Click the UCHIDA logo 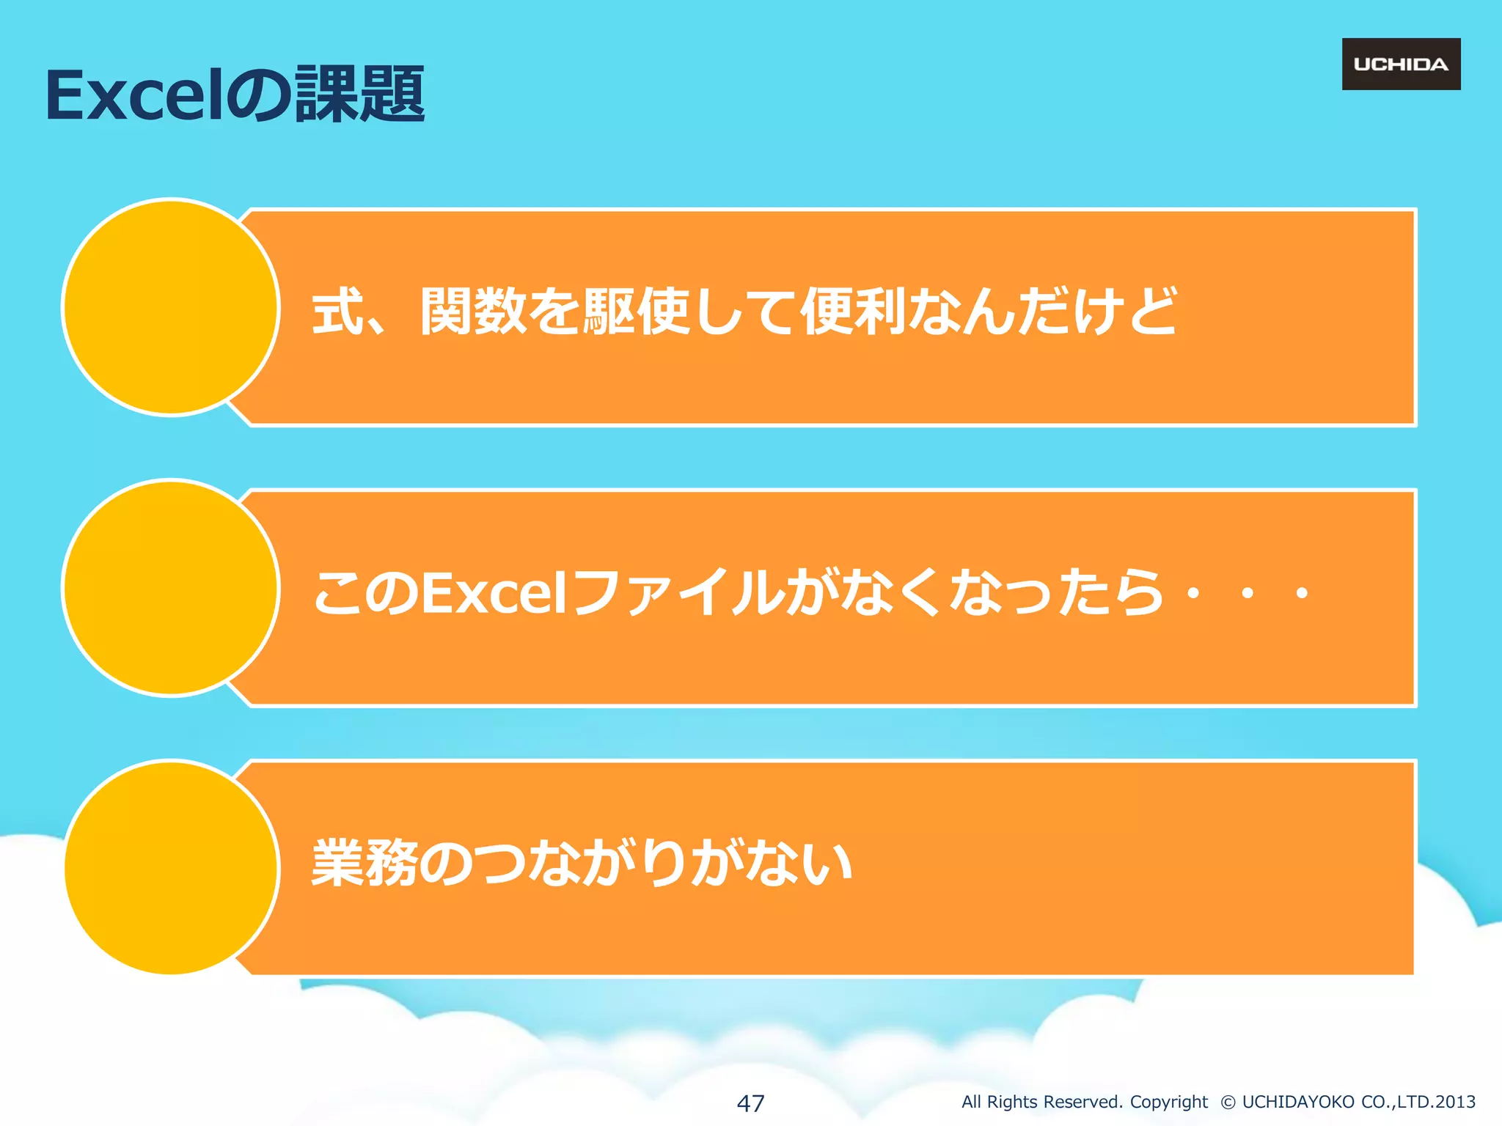click(x=1401, y=65)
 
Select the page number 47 click(x=750, y=1103)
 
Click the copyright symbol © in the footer click(x=1228, y=1102)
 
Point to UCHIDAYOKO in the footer click(x=1298, y=1102)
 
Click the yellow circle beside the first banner click(x=171, y=307)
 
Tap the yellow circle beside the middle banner click(x=171, y=588)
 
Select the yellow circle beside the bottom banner click(x=171, y=868)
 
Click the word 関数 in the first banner click(x=473, y=311)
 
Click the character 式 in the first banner click(x=338, y=311)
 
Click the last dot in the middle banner click(x=1302, y=593)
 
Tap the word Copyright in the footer click(x=1168, y=1102)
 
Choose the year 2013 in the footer click(x=1455, y=1102)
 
